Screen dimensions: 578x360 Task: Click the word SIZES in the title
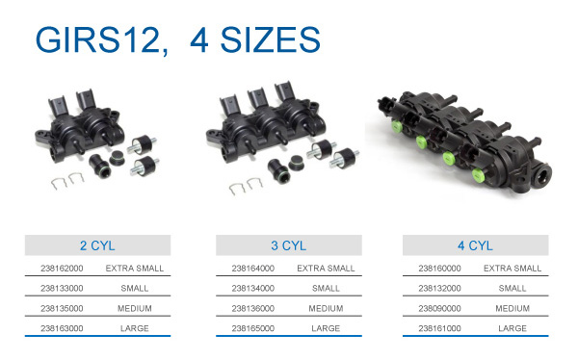click(270, 39)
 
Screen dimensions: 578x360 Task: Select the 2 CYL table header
click(97, 245)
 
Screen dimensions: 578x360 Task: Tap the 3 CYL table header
click(289, 245)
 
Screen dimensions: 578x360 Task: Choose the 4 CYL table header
click(475, 245)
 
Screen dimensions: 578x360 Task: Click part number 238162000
click(62, 269)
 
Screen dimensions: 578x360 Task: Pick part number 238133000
click(62, 288)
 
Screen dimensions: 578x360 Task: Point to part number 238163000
click(62, 328)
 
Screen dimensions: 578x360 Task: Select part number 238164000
click(252, 269)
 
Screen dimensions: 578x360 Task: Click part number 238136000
click(252, 308)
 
